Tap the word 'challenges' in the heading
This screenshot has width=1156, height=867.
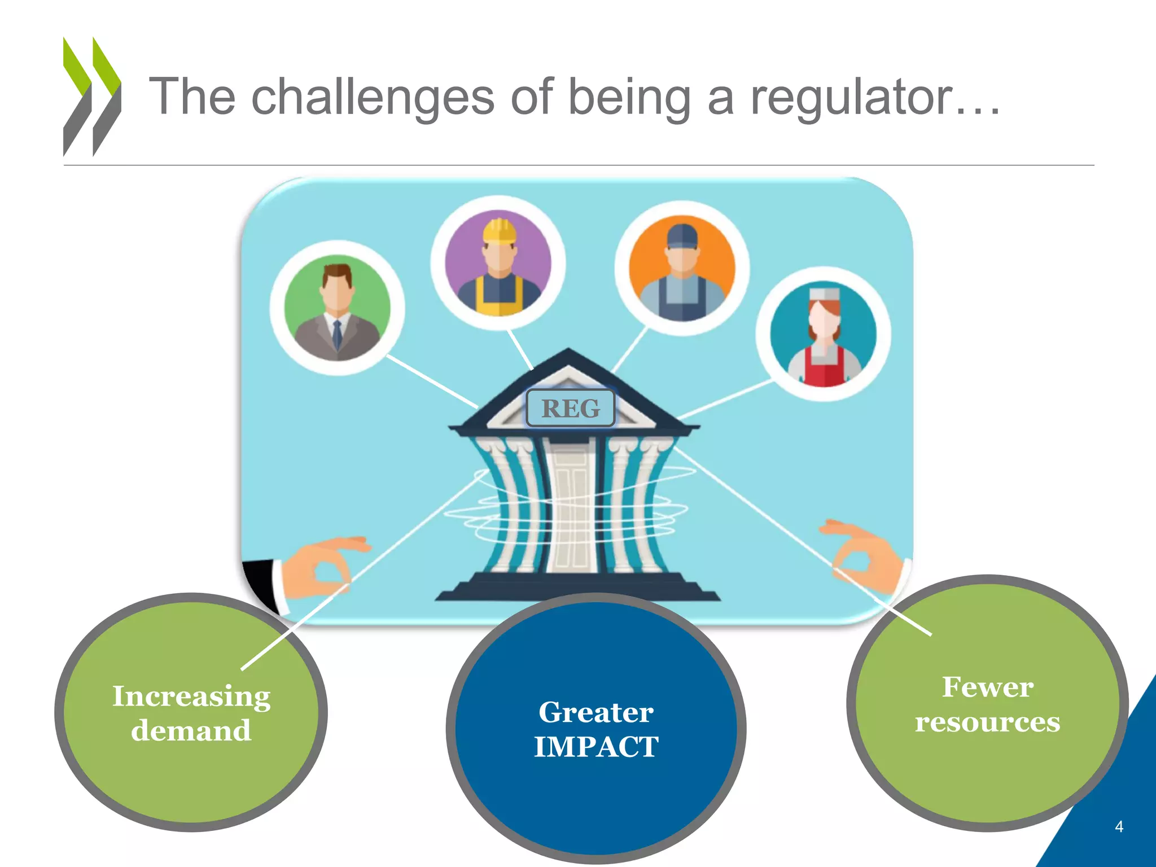tap(373, 97)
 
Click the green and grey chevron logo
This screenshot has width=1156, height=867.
tap(91, 97)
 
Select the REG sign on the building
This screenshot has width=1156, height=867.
tap(570, 408)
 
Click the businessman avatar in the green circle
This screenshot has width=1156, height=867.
tap(337, 308)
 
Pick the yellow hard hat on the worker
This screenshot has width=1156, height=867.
tap(500, 231)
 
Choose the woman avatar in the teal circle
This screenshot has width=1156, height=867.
tap(824, 334)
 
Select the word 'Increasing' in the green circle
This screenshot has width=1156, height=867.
tap(191, 697)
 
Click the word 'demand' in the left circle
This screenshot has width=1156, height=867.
tap(191, 731)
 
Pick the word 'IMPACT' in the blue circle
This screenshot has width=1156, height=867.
tap(596, 747)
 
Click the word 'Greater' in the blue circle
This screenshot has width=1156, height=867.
tap(596, 712)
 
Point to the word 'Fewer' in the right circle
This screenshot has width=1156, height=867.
tap(988, 688)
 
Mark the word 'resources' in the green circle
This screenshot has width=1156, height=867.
tap(988, 722)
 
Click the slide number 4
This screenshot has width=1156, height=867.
tap(1119, 827)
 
